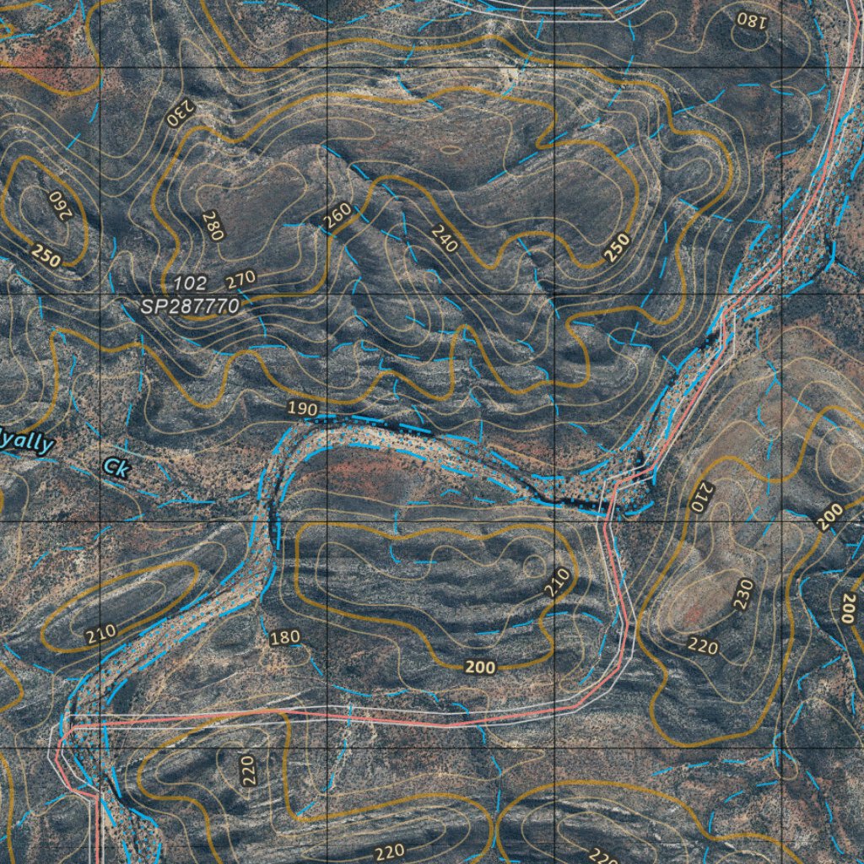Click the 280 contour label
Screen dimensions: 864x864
tap(212, 226)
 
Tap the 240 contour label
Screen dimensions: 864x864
tap(444, 240)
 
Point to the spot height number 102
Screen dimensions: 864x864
tap(190, 283)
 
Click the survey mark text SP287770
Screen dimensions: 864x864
tap(190, 307)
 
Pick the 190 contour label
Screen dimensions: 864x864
tap(302, 409)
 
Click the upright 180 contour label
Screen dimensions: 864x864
tap(284, 637)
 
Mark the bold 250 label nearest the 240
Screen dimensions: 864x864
tap(617, 246)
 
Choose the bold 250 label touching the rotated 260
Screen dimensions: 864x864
tap(46, 256)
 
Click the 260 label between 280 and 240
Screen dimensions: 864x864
tap(337, 218)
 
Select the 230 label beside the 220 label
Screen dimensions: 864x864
tap(742, 595)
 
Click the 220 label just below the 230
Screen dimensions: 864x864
tap(703, 647)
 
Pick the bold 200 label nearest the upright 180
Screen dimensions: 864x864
tap(480, 667)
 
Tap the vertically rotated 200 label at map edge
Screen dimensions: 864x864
tap(848, 607)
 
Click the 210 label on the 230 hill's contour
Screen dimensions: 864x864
tap(702, 497)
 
